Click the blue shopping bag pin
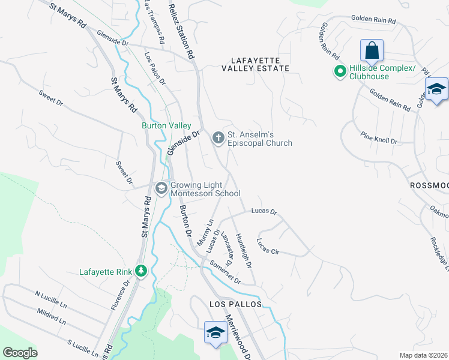[372, 50]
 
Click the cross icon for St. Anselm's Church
[217, 139]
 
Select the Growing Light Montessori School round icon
[160, 188]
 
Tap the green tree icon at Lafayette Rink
[141, 272]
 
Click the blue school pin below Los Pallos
[215, 332]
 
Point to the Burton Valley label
[166, 126]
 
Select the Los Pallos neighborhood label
[236, 304]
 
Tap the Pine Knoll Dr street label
[379, 139]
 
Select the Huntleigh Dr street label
[243, 250]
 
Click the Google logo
[20, 353]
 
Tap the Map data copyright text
[424, 355]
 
